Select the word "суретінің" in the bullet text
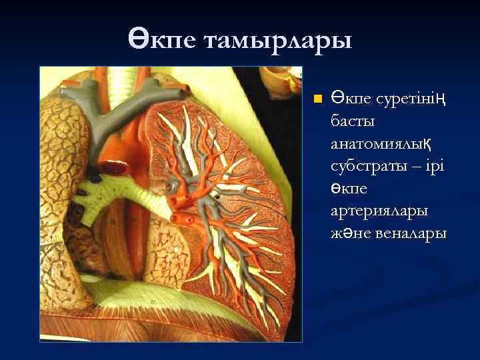[407, 100]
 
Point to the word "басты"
[353, 122]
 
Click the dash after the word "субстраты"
[413, 167]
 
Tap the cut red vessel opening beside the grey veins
[113, 167]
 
